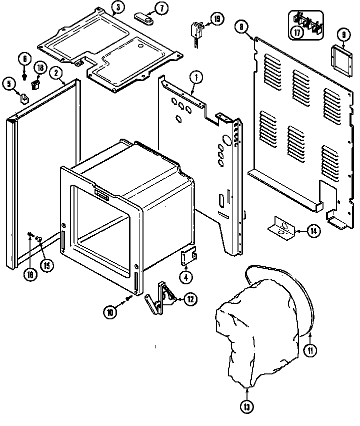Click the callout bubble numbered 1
pos(196,78)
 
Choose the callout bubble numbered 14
pos(313,231)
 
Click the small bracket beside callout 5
pos(24,96)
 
